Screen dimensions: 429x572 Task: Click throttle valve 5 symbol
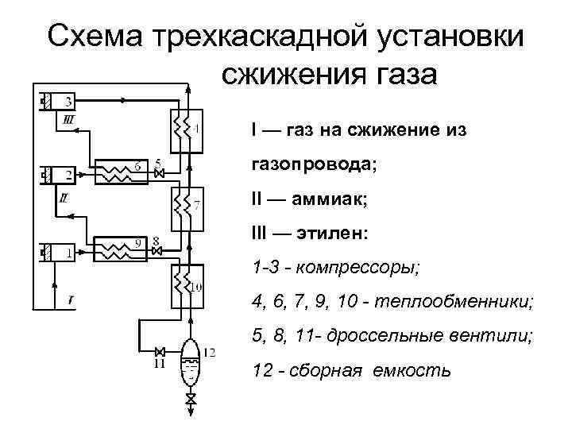159,174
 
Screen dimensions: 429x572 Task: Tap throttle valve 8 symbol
157,251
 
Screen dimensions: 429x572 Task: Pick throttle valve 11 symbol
160,352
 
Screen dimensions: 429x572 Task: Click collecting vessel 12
191,362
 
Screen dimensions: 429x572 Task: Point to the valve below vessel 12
191,399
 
